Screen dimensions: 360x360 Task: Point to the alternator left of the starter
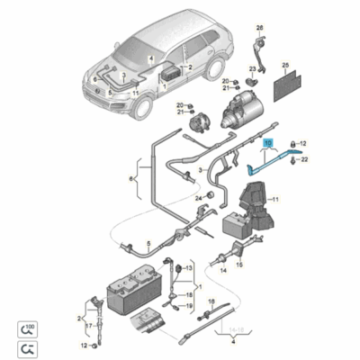coord(201,120)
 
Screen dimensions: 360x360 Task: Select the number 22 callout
coord(303,159)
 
